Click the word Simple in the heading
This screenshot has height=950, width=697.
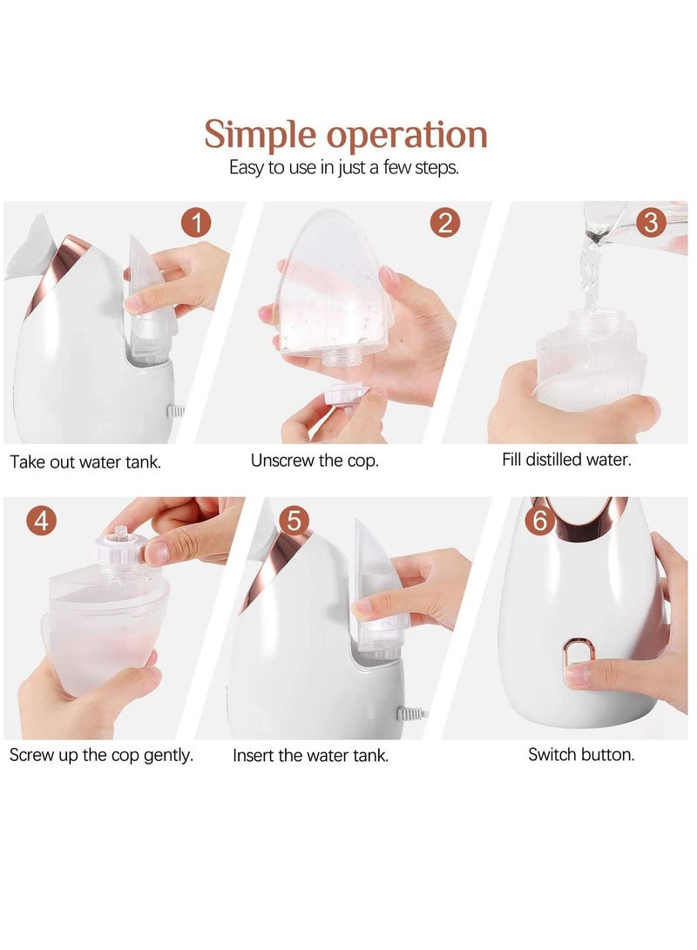tap(261, 136)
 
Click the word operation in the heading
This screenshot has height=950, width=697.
tap(407, 136)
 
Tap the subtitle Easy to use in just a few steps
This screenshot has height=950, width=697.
tap(343, 168)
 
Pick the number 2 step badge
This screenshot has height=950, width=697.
tap(445, 223)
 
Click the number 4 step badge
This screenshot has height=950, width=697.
tap(42, 521)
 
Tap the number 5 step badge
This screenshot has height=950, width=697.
tap(294, 521)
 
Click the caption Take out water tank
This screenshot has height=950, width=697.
tap(85, 462)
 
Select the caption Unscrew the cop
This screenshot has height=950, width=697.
tap(315, 461)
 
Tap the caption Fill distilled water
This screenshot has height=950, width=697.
tap(566, 459)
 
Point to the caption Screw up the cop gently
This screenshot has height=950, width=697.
tap(101, 755)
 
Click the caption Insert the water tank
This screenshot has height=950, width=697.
tap(310, 756)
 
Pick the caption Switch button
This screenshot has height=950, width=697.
tap(581, 755)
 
